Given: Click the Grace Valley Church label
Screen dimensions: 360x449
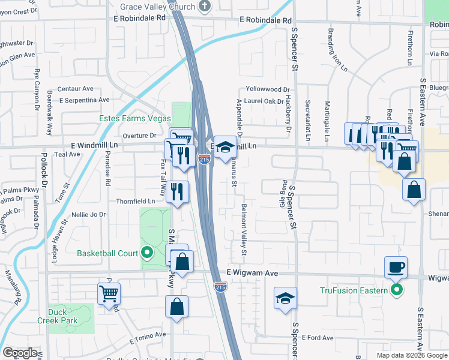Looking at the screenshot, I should pos(157,7).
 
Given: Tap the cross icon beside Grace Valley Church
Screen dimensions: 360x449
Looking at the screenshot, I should pos(205,7).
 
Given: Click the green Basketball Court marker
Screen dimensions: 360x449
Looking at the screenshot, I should pos(146,253).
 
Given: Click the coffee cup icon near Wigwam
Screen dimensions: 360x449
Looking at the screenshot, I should pos(396,267).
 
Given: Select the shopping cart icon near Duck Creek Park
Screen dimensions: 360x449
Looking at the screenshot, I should pos(109,293).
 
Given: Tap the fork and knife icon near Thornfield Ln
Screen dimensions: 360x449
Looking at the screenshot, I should pos(176,191).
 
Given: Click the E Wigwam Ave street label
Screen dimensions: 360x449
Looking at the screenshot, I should pos(253,273).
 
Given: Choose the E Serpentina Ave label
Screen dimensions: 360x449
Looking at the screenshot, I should pos(79,100).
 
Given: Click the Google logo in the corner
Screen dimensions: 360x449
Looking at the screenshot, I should pos(20,353).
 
